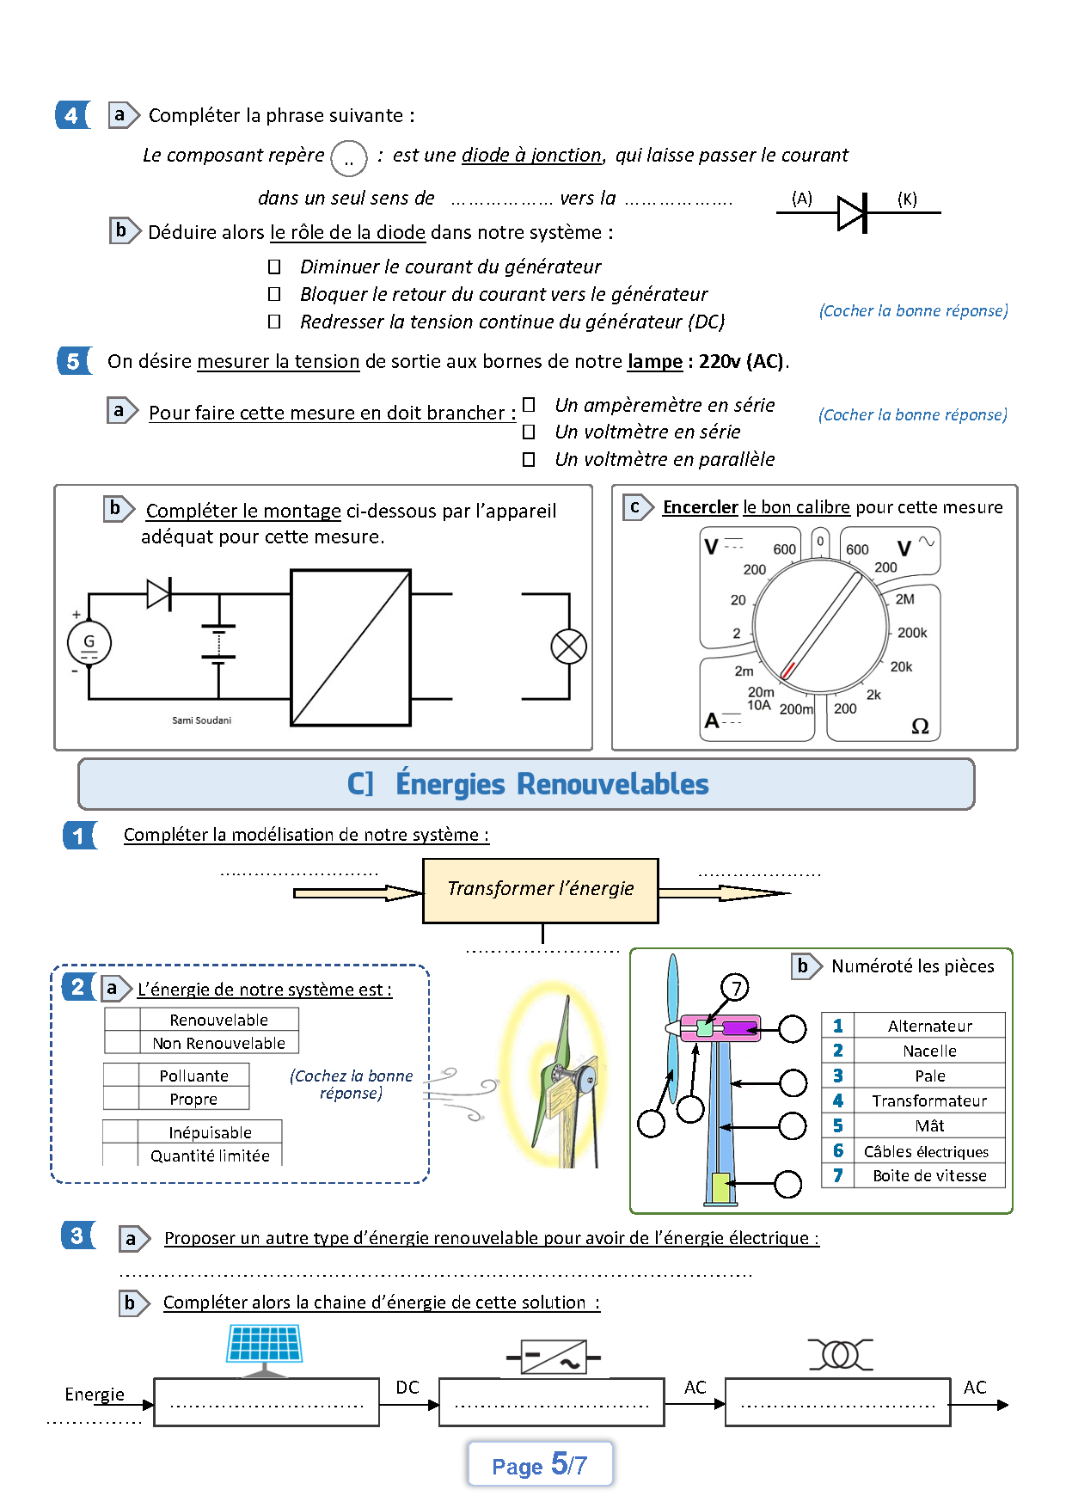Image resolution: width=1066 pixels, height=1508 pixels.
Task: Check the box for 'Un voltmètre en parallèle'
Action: point(529,459)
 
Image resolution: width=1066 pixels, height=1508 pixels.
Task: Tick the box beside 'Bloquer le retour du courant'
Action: point(274,294)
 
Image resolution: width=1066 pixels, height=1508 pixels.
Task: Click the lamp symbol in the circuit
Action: point(568,647)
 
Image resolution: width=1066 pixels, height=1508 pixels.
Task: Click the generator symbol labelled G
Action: point(89,642)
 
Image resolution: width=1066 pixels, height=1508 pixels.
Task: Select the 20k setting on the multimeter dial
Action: point(901,666)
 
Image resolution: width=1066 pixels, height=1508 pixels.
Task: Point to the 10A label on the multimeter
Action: point(759,706)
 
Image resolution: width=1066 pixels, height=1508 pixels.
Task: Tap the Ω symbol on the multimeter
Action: point(920,726)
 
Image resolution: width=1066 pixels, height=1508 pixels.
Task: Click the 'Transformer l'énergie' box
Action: point(540,890)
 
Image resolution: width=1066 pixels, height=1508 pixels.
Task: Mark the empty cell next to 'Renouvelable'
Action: point(122,1020)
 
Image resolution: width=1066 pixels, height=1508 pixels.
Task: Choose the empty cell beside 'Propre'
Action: point(121,1099)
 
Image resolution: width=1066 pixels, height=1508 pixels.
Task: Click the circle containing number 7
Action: point(735,987)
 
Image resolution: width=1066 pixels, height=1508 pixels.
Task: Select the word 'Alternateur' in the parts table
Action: point(929,1026)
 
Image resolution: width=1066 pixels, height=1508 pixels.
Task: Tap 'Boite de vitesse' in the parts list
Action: point(929,1175)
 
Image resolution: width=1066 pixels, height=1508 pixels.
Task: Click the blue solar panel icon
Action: point(264,1345)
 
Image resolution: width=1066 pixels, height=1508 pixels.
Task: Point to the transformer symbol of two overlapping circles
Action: point(840,1355)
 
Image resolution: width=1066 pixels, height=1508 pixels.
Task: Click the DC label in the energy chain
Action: point(407,1388)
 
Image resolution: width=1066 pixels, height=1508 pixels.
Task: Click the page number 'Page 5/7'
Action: point(540,1464)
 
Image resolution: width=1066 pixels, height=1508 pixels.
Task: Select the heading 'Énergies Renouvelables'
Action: point(551,784)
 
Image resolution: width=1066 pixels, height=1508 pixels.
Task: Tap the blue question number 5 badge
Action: point(73,361)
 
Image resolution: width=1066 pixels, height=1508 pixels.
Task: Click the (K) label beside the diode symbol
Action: point(907,199)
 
